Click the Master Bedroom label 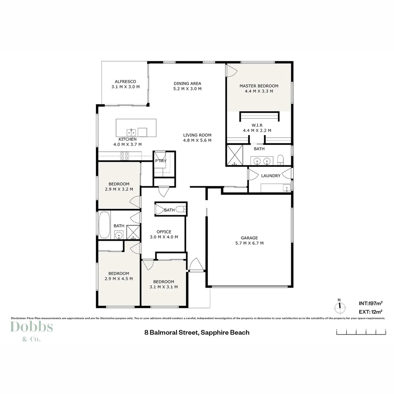pos(259,86)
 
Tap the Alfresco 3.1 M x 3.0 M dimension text pos(125,87)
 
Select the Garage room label pos(250,238)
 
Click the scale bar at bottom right pos(361,332)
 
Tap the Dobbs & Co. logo pos(31,330)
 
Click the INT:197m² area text pos(370,303)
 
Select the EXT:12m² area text pos(370,312)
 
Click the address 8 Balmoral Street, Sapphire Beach pos(197,332)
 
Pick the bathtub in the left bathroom pos(105,225)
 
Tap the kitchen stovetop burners pos(125,156)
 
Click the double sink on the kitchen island pos(132,132)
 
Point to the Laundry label pos(271,176)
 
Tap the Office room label pos(164,232)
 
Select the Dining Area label pos(187,84)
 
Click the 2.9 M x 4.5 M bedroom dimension pos(119,279)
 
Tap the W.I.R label pos(257,125)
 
